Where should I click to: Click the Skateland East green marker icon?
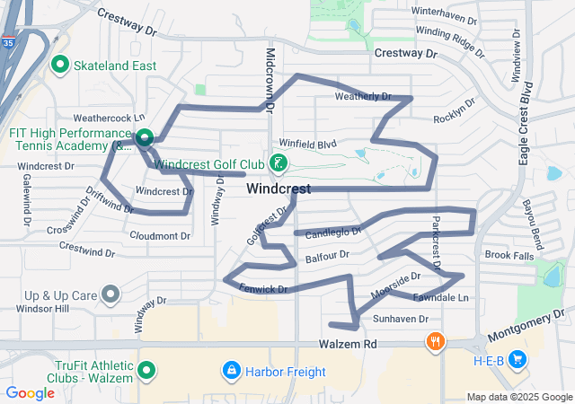click(x=61, y=65)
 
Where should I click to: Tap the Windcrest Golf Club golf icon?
click(x=279, y=163)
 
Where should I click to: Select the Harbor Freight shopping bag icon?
click(x=232, y=370)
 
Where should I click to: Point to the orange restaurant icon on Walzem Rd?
click(x=435, y=341)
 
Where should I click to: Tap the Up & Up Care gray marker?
click(x=111, y=294)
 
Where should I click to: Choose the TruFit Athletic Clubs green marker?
click(x=146, y=369)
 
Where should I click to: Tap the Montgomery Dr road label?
click(x=530, y=324)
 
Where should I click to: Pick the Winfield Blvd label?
click(x=306, y=144)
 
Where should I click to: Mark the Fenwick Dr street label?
click(x=263, y=289)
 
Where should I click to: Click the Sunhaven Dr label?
click(x=396, y=319)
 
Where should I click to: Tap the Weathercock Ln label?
click(x=109, y=118)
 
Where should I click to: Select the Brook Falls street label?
click(x=509, y=256)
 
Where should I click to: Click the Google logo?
click(x=31, y=392)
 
